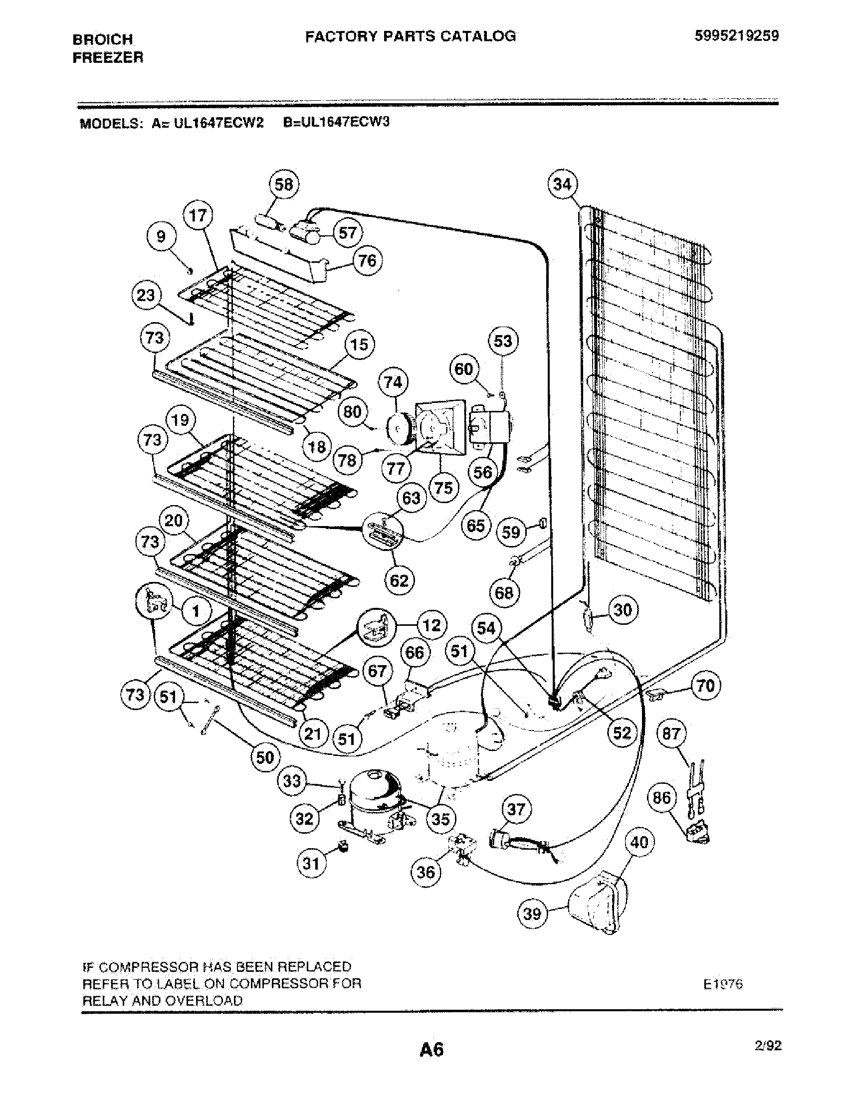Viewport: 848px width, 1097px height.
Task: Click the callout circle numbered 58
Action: [x=284, y=184]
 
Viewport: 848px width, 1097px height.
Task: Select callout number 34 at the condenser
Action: [x=562, y=184]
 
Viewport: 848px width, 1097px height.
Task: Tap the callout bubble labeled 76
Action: [x=367, y=261]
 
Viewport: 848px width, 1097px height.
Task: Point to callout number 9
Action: [x=161, y=236]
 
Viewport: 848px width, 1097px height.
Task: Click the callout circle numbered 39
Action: [x=532, y=913]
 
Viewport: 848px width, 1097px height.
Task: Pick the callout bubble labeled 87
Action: [x=671, y=734]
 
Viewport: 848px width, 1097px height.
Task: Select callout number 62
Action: [x=399, y=580]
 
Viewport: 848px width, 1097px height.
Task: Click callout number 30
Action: [x=623, y=610]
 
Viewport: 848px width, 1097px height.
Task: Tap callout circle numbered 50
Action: [x=265, y=757]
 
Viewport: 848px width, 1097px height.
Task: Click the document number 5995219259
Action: [x=737, y=36]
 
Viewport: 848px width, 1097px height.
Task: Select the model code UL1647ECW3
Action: [x=336, y=123]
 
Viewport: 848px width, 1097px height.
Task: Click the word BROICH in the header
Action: [x=103, y=39]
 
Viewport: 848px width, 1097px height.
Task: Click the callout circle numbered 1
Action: [x=196, y=611]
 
